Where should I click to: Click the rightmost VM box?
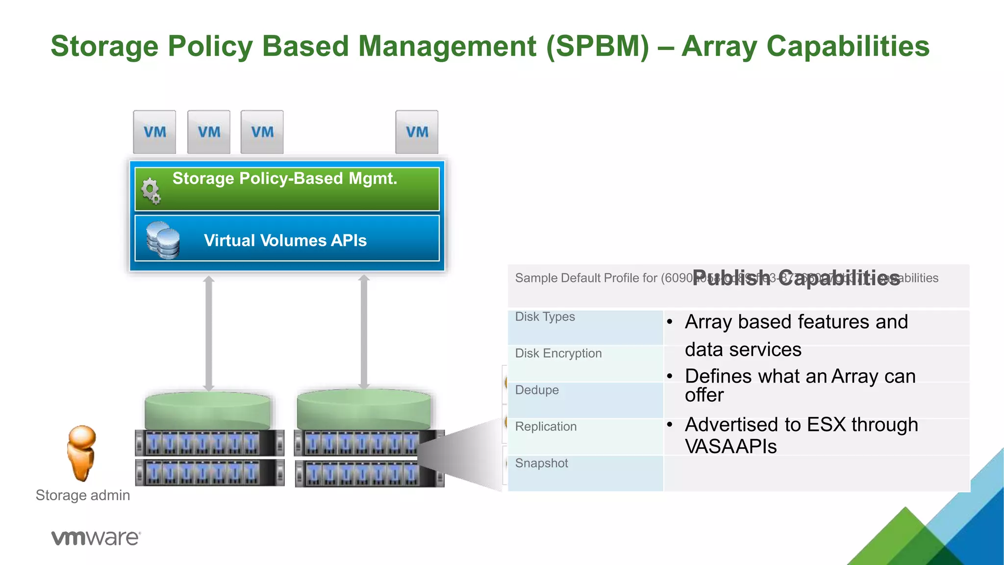coord(417,132)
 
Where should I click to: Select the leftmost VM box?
coord(154,132)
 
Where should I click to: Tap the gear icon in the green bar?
coord(151,191)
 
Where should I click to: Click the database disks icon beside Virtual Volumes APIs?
coord(163,240)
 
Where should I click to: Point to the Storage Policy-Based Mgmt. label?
coord(284,179)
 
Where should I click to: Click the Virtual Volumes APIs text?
coord(285,240)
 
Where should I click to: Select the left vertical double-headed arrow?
coord(209,334)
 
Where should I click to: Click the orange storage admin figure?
coord(81,453)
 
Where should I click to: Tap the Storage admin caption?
coord(83,495)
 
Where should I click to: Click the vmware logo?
coord(96,538)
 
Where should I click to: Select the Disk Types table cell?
coord(545,317)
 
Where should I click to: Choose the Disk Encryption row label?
coord(558,354)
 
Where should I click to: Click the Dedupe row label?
coord(537,390)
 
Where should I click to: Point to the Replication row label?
coord(546,427)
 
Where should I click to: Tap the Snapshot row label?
coord(541,463)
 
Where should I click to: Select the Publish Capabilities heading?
coord(796,278)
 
